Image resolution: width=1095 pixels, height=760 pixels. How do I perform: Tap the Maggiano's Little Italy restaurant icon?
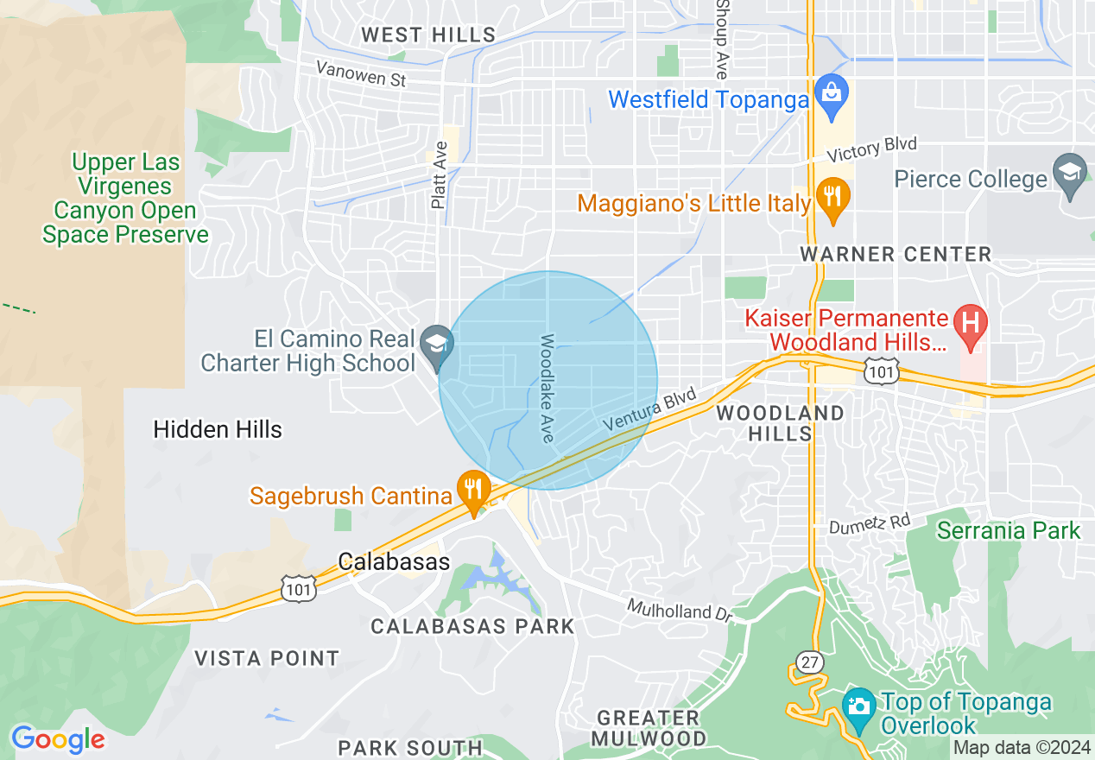[832, 199]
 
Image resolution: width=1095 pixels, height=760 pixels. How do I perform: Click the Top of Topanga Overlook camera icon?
[858, 706]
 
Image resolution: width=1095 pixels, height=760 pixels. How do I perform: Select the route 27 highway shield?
[810, 662]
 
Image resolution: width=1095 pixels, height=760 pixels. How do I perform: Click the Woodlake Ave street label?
[547, 389]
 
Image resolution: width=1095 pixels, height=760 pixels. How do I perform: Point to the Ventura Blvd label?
[649, 411]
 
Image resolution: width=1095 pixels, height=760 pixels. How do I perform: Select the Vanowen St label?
[360, 74]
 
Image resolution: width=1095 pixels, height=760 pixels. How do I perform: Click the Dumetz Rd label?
[869, 522]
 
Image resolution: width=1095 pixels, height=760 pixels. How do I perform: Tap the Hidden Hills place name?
[218, 429]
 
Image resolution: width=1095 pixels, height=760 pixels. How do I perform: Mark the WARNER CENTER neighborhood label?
[896, 254]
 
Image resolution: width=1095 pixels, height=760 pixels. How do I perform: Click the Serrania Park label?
[1009, 529]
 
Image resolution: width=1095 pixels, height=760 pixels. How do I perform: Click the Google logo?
[58, 739]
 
